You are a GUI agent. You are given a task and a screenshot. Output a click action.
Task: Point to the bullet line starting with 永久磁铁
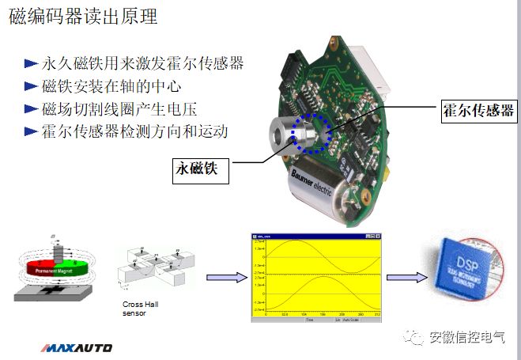pos(142,63)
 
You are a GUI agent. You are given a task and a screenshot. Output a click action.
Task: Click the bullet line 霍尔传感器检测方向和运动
pos(135,131)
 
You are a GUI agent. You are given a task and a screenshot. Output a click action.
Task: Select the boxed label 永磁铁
pos(202,169)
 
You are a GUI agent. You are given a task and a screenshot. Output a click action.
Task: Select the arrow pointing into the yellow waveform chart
pos(225,277)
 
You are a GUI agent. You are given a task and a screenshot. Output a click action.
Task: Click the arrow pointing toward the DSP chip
pos(406,277)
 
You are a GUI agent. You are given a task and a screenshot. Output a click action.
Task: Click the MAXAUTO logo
pos(76,347)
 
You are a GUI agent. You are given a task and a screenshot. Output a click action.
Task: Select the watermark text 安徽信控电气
pos(466,337)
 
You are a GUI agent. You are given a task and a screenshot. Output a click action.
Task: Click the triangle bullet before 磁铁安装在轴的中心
pos(30,86)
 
